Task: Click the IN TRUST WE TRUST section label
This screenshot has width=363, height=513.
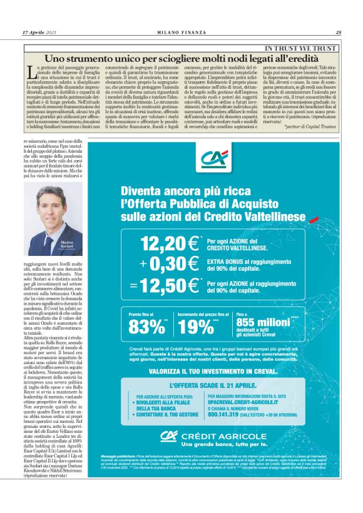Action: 301,48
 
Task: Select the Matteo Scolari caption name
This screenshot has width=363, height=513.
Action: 66,244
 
